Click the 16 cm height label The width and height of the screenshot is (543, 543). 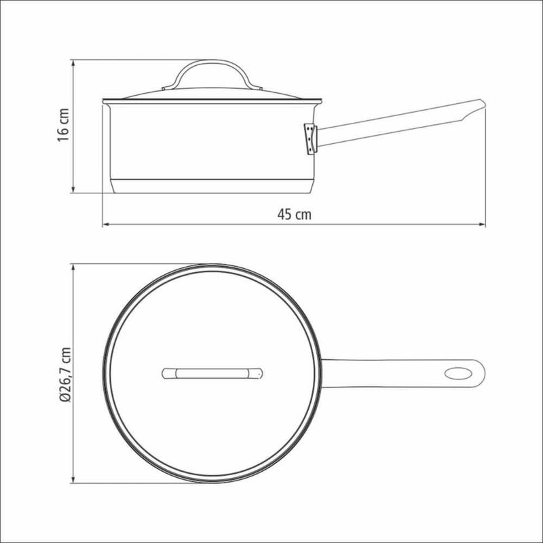pyautogui.click(x=64, y=125)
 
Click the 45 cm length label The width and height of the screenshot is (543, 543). pyautogui.click(x=295, y=214)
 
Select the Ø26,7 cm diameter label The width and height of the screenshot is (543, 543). pyautogui.click(x=65, y=375)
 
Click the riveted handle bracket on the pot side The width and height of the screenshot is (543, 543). pyautogui.click(x=310, y=139)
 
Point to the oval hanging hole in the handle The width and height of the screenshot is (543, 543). pyautogui.click(x=457, y=374)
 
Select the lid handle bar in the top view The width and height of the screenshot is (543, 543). pyautogui.click(x=212, y=374)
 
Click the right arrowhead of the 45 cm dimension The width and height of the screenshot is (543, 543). pyautogui.click(x=482, y=225)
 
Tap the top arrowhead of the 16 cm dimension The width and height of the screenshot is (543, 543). pyautogui.click(x=73, y=63)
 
